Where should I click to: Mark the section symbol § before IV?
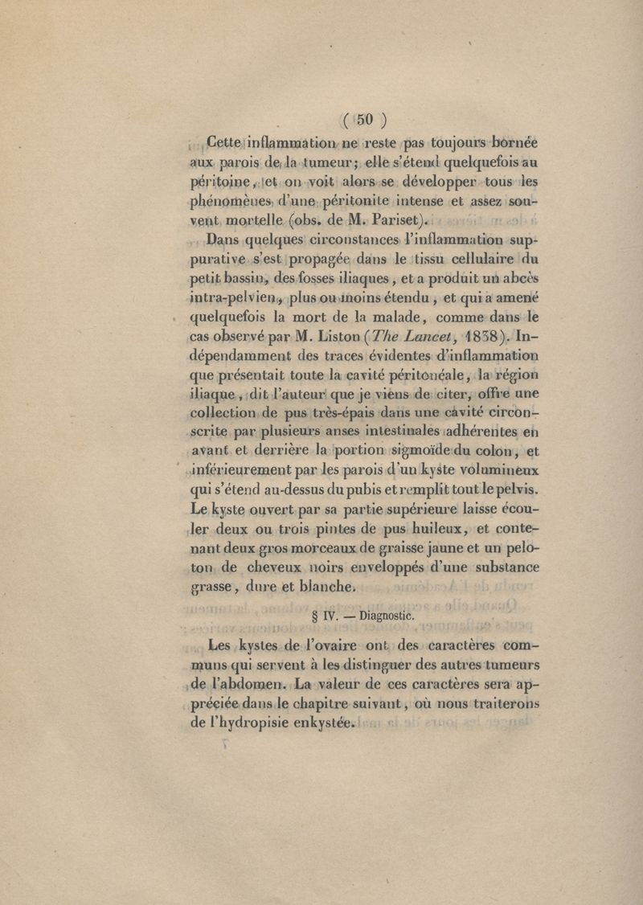coord(314,617)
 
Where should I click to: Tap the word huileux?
coord(440,528)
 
